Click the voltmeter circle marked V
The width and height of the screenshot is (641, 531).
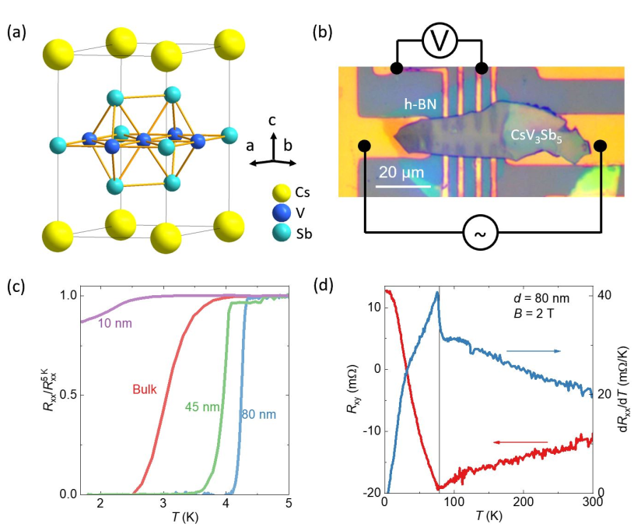point(440,40)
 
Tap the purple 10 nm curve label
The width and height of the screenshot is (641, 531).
point(114,323)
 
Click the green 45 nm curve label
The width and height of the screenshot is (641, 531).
point(201,407)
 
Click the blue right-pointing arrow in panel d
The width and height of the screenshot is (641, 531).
point(534,351)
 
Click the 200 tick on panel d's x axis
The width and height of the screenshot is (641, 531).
point(524,506)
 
